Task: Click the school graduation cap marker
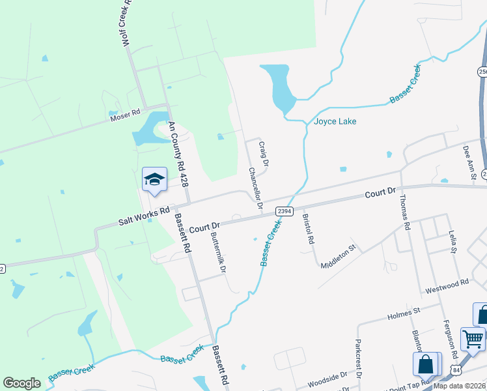click(x=154, y=181)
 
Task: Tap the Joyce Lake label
click(x=335, y=121)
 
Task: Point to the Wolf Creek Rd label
click(x=127, y=23)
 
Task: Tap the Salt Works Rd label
click(x=144, y=216)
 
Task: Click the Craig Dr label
click(x=264, y=154)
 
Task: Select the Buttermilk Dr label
click(x=217, y=253)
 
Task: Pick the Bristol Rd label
click(x=309, y=229)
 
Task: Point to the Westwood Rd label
click(x=447, y=285)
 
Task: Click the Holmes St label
click(x=405, y=315)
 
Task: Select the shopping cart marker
click(x=472, y=339)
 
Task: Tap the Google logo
click(x=22, y=383)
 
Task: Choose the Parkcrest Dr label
click(x=358, y=357)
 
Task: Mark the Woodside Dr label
click(x=327, y=378)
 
